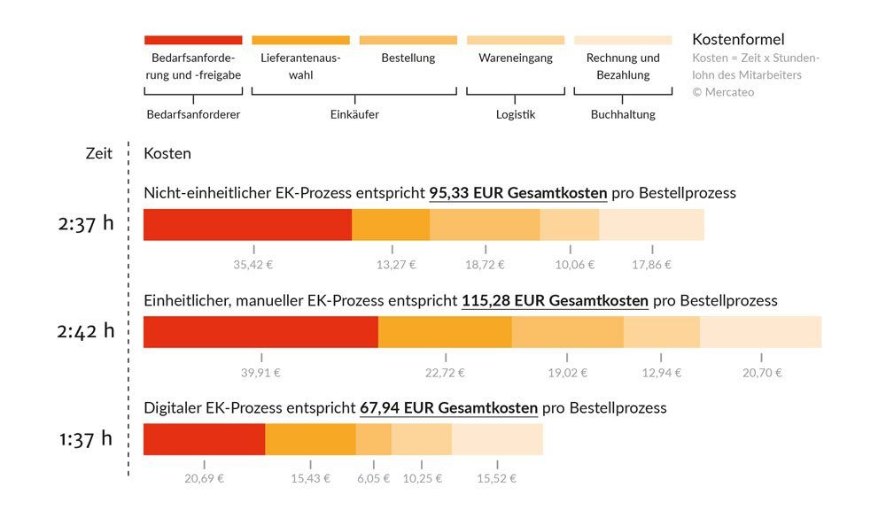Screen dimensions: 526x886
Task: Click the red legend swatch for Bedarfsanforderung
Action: point(193,40)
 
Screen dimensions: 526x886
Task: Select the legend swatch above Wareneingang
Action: point(515,40)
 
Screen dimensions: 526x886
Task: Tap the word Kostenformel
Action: point(737,40)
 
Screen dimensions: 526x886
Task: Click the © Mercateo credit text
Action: point(723,92)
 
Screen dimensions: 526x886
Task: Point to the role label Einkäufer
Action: point(354,114)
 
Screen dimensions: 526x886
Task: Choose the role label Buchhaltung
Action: point(623,114)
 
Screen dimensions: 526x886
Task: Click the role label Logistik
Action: point(516,114)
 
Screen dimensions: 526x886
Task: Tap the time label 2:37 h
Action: point(86,223)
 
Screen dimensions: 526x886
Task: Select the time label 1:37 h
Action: point(86,438)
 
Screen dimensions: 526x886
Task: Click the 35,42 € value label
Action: point(253,264)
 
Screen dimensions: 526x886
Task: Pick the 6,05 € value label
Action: point(373,478)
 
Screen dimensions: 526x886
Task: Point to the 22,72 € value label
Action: point(445,372)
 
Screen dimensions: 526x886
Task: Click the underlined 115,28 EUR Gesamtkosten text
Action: point(555,301)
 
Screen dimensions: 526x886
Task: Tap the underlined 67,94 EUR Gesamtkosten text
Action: point(448,408)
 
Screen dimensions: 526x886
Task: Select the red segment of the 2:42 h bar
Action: point(260,331)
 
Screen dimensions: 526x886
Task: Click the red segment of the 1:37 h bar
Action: point(204,439)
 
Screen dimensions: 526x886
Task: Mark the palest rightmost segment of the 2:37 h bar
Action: point(651,224)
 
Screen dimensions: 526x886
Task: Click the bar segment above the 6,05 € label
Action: point(374,439)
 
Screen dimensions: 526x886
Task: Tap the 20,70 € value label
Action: point(762,372)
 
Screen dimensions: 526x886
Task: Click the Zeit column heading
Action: point(99,153)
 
